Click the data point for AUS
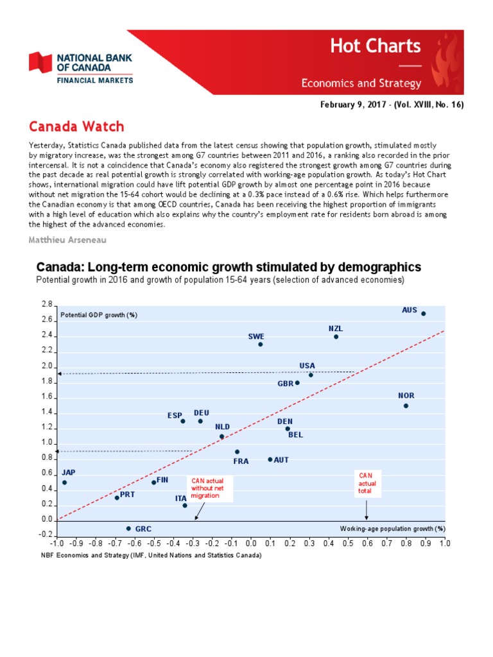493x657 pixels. pyautogui.click(x=423, y=314)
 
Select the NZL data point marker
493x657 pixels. pyautogui.click(x=336, y=337)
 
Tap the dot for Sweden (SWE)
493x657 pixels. pyautogui.click(x=261, y=345)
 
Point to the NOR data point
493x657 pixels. pyautogui.click(x=406, y=405)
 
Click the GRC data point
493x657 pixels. pyautogui.click(x=128, y=529)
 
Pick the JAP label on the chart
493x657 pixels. pyautogui.click(x=68, y=472)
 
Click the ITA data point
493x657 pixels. pyautogui.click(x=185, y=506)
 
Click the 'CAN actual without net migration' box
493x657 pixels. pyautogui.click(x=206, y=488)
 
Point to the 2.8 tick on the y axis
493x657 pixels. pyautogui.click(x=46, y=304)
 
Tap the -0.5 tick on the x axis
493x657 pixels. pyautogui.click(x=153, y=543)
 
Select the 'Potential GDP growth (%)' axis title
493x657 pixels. pyautogui.click(x=99, y=315)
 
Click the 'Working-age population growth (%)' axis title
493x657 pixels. pyautogui.click(x=392, y=529)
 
